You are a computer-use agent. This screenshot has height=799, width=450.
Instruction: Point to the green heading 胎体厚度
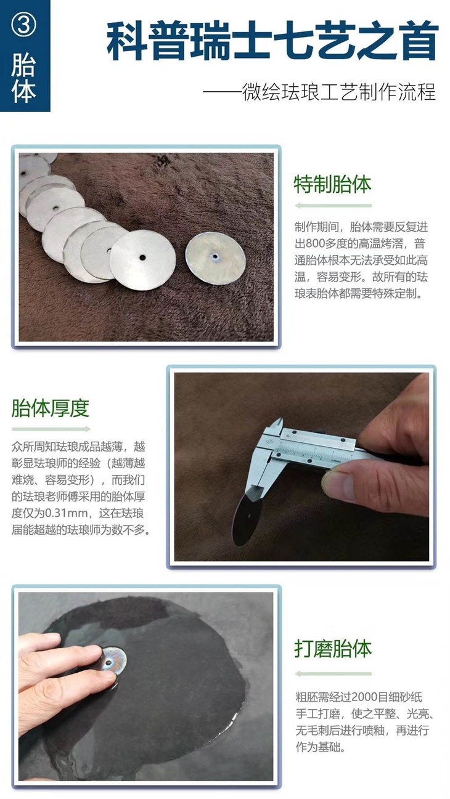click(51, 408)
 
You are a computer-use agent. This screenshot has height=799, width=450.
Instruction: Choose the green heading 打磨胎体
click(333, 649)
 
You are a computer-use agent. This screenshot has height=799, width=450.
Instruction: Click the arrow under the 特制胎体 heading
click(333, 205)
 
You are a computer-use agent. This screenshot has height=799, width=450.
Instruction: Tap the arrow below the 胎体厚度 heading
click(51, 429)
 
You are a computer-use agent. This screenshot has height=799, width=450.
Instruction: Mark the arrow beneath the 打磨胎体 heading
click(333, 674)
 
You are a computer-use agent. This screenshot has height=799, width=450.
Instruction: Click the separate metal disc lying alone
click(216, 258)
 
